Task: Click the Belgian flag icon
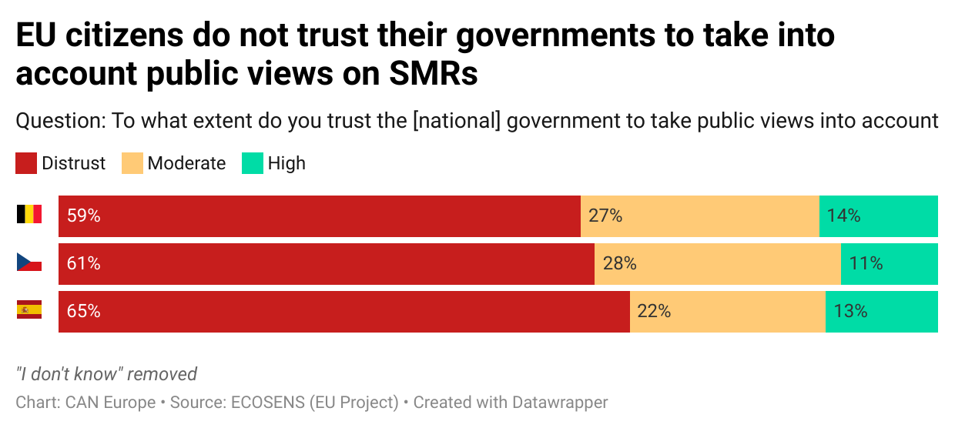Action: click(29, 215)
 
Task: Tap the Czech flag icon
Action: click(29, 262)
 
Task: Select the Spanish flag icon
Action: click(29, 310)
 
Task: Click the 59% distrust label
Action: click(84, 216)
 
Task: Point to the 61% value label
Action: click(84, 264)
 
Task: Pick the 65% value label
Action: click(84, 312)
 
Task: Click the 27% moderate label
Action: click(605, 216)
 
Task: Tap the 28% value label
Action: click(619, 264)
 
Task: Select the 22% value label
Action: click(654, 312)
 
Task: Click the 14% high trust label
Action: click(843, 216)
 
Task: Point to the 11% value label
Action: click(866, 264)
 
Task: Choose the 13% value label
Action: click(850, 312)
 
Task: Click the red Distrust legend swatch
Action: click(26, 163)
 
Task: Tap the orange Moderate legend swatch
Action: click(132, 163)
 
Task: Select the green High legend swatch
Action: click(253, 163)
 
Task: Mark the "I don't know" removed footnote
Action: click(106, 374)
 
